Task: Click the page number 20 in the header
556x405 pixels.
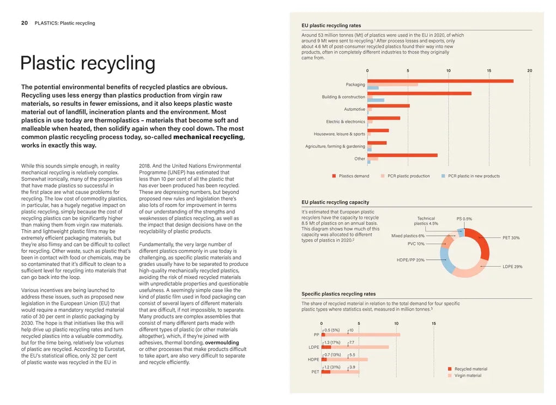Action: (x=24, y=23)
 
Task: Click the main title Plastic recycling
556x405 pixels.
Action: (x=87, y=63)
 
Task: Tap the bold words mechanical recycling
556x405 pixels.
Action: (x=209, y=137)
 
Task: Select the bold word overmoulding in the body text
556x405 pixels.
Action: (x=222, y=343)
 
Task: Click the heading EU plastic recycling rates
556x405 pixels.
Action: (x=331, y=26)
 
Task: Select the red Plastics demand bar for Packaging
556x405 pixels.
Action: (x=440, y=81)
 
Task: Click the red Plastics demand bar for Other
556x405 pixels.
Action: (x=402, y=156)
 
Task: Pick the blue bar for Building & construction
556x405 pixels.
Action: (x=376, y=100)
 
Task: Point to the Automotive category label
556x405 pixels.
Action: (x=354, y=109)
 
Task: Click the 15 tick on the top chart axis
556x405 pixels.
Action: (x=489, y=70)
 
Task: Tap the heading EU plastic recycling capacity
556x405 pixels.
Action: (x=335, y=202)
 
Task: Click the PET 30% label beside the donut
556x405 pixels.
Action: (x=511, y=238)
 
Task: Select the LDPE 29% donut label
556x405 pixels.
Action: (x=512, y=266)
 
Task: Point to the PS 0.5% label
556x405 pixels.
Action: (x=464, y=219)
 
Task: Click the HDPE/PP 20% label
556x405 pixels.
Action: (x=410, y=260)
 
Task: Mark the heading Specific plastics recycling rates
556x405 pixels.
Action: (x=339, y=294)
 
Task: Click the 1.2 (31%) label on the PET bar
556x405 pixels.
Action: (x=332, y=367)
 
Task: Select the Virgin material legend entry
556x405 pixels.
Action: (x=467, y=376)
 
